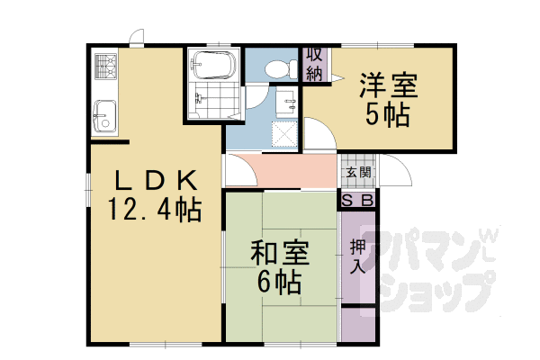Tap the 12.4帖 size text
coord(154,210)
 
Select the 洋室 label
coord(389,85)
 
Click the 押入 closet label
coord(356,256)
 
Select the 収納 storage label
coord(314,65)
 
